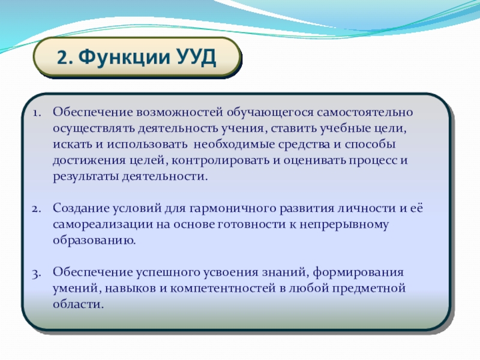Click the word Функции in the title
[x=124, y=57]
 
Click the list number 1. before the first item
[x=37, y=113]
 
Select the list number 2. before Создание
[x=37, y=209]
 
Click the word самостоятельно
[x=365, y=112]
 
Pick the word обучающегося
[x=271, y=113]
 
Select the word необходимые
[x=234, y=144]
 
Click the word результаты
[x=86, y=177]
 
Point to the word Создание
[x=80, y=208]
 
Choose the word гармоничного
[x=233, y=209]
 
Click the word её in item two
[x=416, y=208]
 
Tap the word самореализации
[x=103, y=224]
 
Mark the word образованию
[x=94, y=241]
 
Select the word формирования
[x=358, y=272]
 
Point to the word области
[x=79, y=304]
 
